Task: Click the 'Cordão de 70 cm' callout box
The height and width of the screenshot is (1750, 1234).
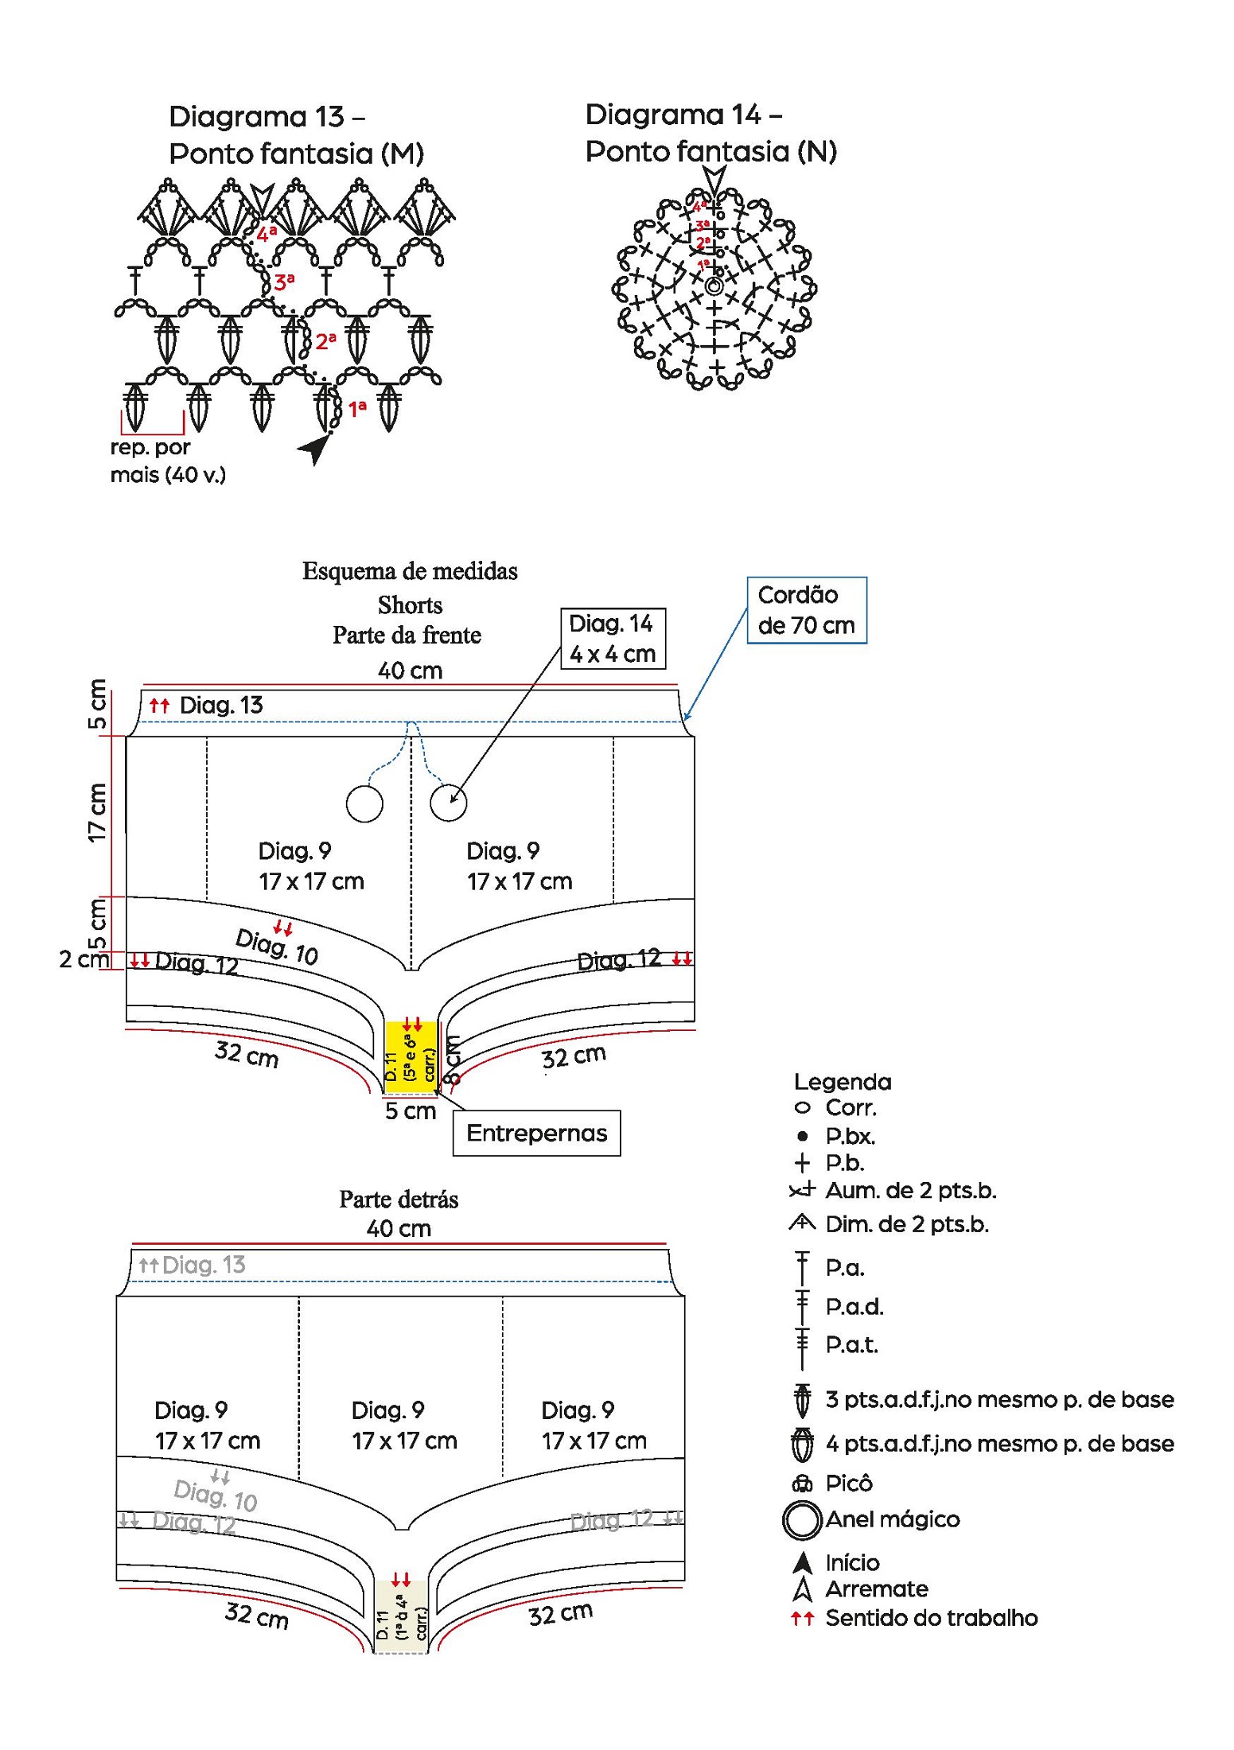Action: [806, 610]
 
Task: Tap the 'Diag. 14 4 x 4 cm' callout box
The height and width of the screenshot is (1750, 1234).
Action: [612, 639]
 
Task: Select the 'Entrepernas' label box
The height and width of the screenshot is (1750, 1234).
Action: [536, 1133]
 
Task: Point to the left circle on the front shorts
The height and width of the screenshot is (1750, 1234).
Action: [364, 803]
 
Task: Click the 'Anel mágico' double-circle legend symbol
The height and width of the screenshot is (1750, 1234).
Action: [801, 1519]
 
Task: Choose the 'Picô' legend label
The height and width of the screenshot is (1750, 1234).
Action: [849, 1484]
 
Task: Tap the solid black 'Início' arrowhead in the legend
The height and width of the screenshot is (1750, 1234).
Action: [803, 1563]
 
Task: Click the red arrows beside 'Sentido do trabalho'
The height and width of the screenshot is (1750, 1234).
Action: [802, 1618]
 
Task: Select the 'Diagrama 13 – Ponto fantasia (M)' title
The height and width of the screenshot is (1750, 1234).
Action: [296, 135]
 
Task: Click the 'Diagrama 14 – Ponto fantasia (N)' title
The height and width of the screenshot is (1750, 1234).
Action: [710, 133]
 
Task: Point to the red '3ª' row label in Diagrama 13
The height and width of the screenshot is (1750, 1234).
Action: [284, 282]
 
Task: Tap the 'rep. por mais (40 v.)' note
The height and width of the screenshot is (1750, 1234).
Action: [168, 461]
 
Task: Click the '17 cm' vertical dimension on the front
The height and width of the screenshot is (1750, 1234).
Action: [97, 813]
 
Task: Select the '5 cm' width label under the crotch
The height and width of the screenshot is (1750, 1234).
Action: [411, 1111]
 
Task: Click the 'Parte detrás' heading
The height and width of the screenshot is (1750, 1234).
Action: [399, 1200]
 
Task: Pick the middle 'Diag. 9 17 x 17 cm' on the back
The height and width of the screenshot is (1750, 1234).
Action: [404, 1425]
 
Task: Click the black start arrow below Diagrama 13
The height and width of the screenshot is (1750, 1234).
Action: [315, 449]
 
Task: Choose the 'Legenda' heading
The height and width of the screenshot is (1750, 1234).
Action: [843, 1082]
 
